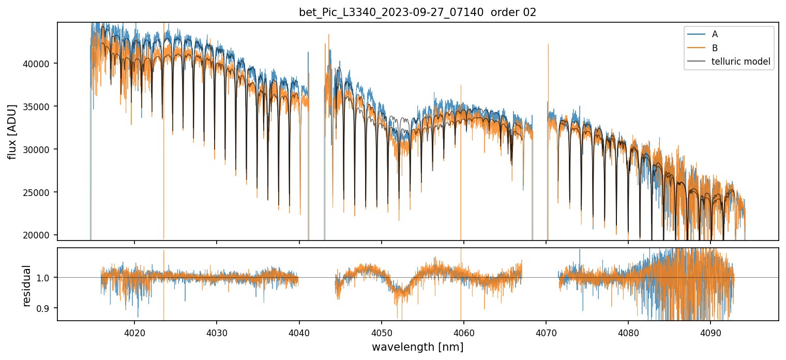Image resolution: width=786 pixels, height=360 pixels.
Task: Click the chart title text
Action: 417,12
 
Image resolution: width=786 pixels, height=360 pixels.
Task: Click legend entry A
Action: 715,34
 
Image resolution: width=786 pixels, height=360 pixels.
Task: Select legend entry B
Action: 715,48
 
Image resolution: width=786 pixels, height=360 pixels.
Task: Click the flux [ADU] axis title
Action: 12,131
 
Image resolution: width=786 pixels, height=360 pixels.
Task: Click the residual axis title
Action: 26,285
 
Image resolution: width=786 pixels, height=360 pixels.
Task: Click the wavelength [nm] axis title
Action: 417,347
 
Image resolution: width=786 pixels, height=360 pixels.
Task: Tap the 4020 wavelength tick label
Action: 134,332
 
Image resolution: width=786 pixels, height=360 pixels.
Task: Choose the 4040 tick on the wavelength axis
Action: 299,332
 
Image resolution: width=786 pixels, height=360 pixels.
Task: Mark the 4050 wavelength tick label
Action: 382,332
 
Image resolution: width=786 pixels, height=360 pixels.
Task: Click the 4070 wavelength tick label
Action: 546,332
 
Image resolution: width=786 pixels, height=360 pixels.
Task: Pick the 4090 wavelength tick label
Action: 711,332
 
